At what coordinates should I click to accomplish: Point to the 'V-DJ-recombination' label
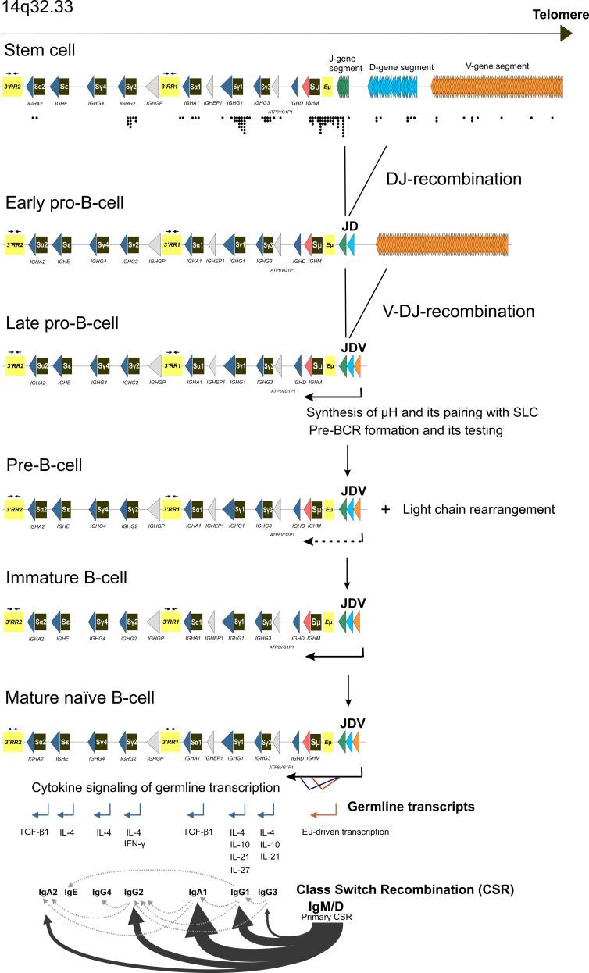(459, 312)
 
